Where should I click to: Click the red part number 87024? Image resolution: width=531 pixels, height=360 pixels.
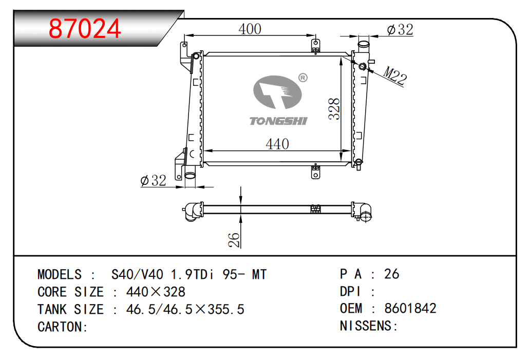pyautogui.click(x=85, y=29)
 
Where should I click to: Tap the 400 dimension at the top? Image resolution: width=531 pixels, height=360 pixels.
pyautogui.click(x=250, y=29)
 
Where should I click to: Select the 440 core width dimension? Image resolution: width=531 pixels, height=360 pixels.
pyautogui.click(x=277, y=144)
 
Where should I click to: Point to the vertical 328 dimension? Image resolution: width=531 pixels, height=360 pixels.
pyautogui.click(x=334, y=109)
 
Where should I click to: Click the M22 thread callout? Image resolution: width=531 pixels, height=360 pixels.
pyautogui.click(x=395, y=75)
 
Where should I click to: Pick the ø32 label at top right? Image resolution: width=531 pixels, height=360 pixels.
pyautogui.click(x=400, y=30)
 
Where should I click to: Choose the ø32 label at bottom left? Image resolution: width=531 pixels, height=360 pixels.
pyautogui.click(x=154, y=180)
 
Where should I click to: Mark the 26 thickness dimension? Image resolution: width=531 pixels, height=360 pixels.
pyautogui.click(x=234, y=240)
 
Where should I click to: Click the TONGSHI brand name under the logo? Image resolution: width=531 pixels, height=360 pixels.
pyautogui.click(x=278, y=121)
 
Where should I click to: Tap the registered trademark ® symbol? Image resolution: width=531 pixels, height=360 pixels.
pyautogui.click(x=303, y=78)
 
